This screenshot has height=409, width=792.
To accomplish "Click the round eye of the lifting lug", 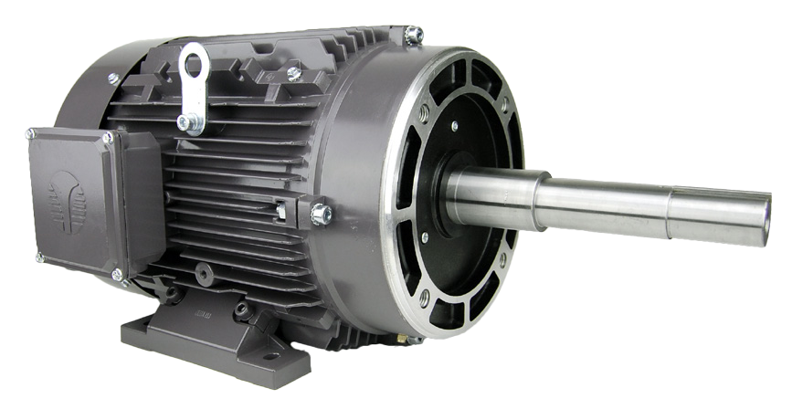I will coord(194,64).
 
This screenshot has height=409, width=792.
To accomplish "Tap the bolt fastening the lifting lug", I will coord(185,121).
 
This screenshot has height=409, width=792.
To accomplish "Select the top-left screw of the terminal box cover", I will coord(32,136).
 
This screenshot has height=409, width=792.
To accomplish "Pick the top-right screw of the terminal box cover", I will coord(108,137).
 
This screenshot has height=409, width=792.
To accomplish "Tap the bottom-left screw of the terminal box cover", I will coord(39,257).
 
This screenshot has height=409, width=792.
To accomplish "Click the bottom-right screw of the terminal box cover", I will coord(116,273).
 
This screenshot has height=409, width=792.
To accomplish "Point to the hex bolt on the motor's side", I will coord(320,215).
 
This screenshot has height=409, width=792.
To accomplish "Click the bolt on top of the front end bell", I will coord(412,35).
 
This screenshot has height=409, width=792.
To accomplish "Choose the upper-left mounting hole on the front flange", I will coord(422,113).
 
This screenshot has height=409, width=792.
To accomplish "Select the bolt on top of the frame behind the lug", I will coord(294,72).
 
